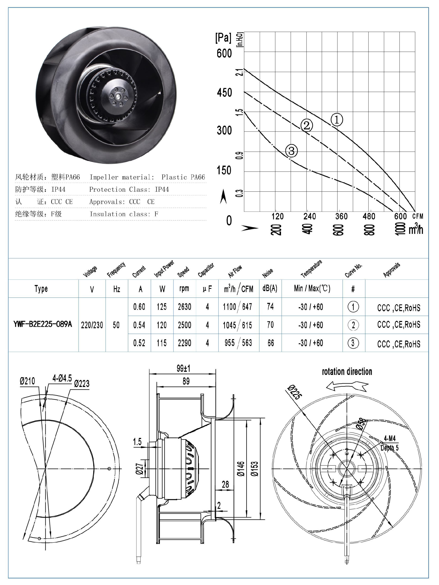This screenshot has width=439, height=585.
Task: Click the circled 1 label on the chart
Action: pos(337,120)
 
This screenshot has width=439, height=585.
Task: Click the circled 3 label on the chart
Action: pos(292,151)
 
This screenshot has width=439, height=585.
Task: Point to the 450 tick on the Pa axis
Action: pos(224,93)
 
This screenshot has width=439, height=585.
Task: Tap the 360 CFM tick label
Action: pos(341,216)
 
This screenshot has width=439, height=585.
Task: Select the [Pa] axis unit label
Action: pos(223,38)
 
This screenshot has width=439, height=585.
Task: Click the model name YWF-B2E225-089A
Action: pos(43,324)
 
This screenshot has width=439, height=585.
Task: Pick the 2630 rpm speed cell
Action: pos(184,307)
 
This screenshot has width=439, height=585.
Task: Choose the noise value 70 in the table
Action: pos(270,325)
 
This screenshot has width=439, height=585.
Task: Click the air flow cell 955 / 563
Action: pos(238,343)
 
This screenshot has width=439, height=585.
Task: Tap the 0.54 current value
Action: pos(139,325)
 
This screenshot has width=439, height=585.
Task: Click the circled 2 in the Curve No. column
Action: pos(353,325)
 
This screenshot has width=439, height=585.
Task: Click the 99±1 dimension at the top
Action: pos(183,368)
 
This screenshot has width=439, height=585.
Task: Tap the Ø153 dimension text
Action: pos(255,469)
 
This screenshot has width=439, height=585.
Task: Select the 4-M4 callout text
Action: pos(390,439)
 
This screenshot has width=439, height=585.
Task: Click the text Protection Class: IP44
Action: pos(129,189)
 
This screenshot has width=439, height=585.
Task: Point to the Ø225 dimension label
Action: pos(294,392)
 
